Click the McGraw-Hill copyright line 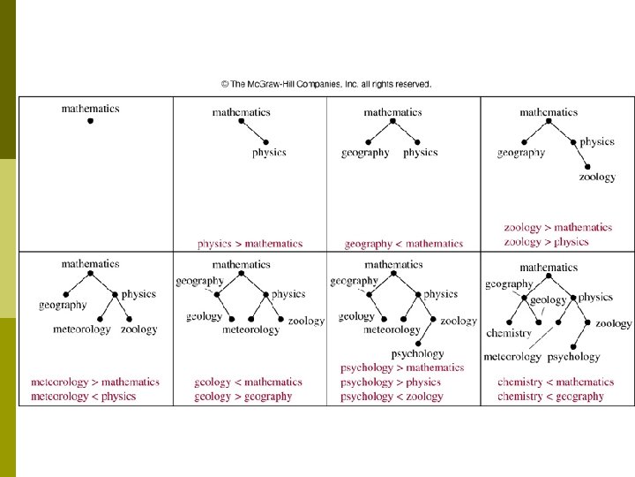326,85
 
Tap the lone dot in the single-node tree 90,121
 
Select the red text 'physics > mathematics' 250,244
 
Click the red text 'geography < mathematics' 403,244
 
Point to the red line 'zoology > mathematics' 557,228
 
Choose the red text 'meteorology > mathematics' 95,382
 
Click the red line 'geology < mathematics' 248,382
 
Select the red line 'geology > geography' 243,397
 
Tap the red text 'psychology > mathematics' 401,367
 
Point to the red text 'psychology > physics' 390,382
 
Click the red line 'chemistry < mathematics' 556,382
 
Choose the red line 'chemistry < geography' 550,397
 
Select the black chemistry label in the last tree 509,333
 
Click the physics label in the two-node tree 269,152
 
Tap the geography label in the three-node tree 365,152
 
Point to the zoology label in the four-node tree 597,177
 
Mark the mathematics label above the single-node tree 90,109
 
